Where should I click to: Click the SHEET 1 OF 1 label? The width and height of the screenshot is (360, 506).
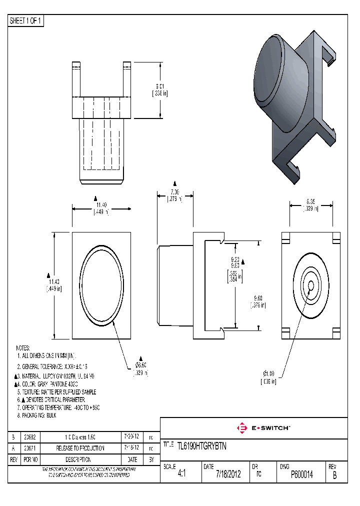26,21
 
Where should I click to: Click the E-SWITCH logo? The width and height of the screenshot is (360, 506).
263,428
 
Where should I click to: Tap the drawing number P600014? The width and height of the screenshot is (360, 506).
301,474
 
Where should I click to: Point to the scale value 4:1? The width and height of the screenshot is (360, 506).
181,474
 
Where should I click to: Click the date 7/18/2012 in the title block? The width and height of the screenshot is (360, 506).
228,474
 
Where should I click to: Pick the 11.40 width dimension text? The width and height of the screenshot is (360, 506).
101,205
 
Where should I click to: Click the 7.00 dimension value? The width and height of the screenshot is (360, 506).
174,192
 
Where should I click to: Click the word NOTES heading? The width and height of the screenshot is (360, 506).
22,347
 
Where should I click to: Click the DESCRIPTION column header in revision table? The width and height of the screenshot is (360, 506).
80,459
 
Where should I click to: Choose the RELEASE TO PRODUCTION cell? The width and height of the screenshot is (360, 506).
80,448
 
